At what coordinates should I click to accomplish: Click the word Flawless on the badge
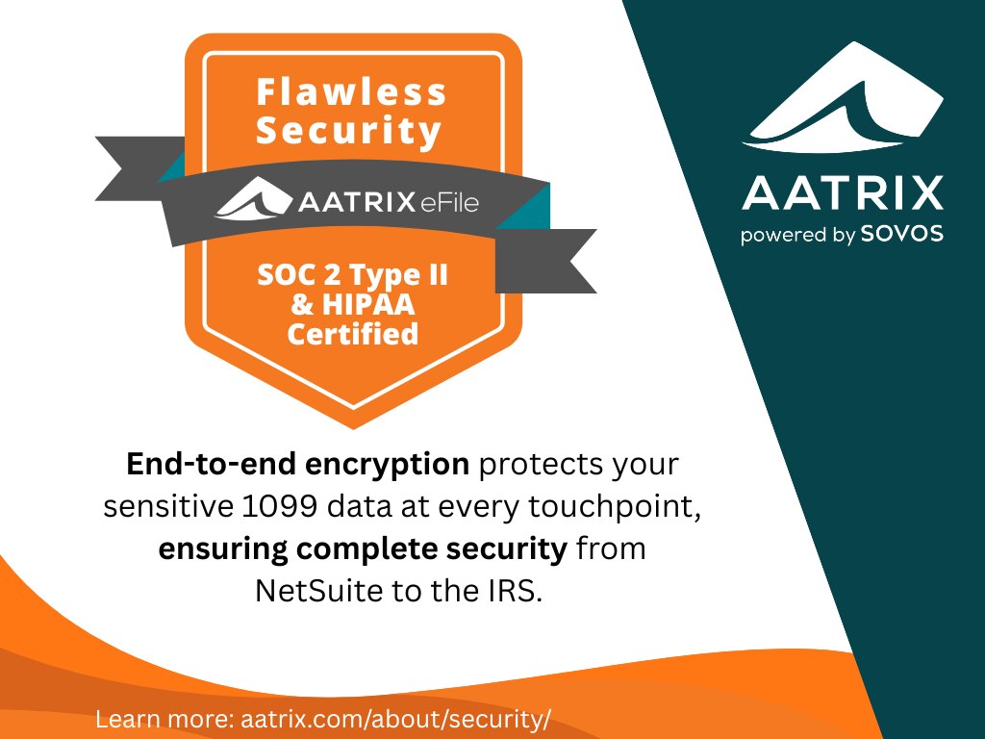351,91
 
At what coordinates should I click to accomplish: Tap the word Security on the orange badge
348,131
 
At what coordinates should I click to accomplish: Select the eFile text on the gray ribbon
450,202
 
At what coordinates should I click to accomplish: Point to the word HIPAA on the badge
368,305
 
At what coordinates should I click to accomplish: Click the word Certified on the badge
352,334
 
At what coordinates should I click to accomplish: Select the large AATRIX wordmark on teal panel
843,192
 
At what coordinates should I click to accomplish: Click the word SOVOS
902,234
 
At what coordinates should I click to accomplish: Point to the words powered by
797,235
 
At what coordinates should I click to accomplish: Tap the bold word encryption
387,465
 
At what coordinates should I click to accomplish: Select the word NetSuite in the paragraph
318,591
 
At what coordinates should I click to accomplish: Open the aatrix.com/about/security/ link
395,718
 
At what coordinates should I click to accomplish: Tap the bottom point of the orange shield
354,428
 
